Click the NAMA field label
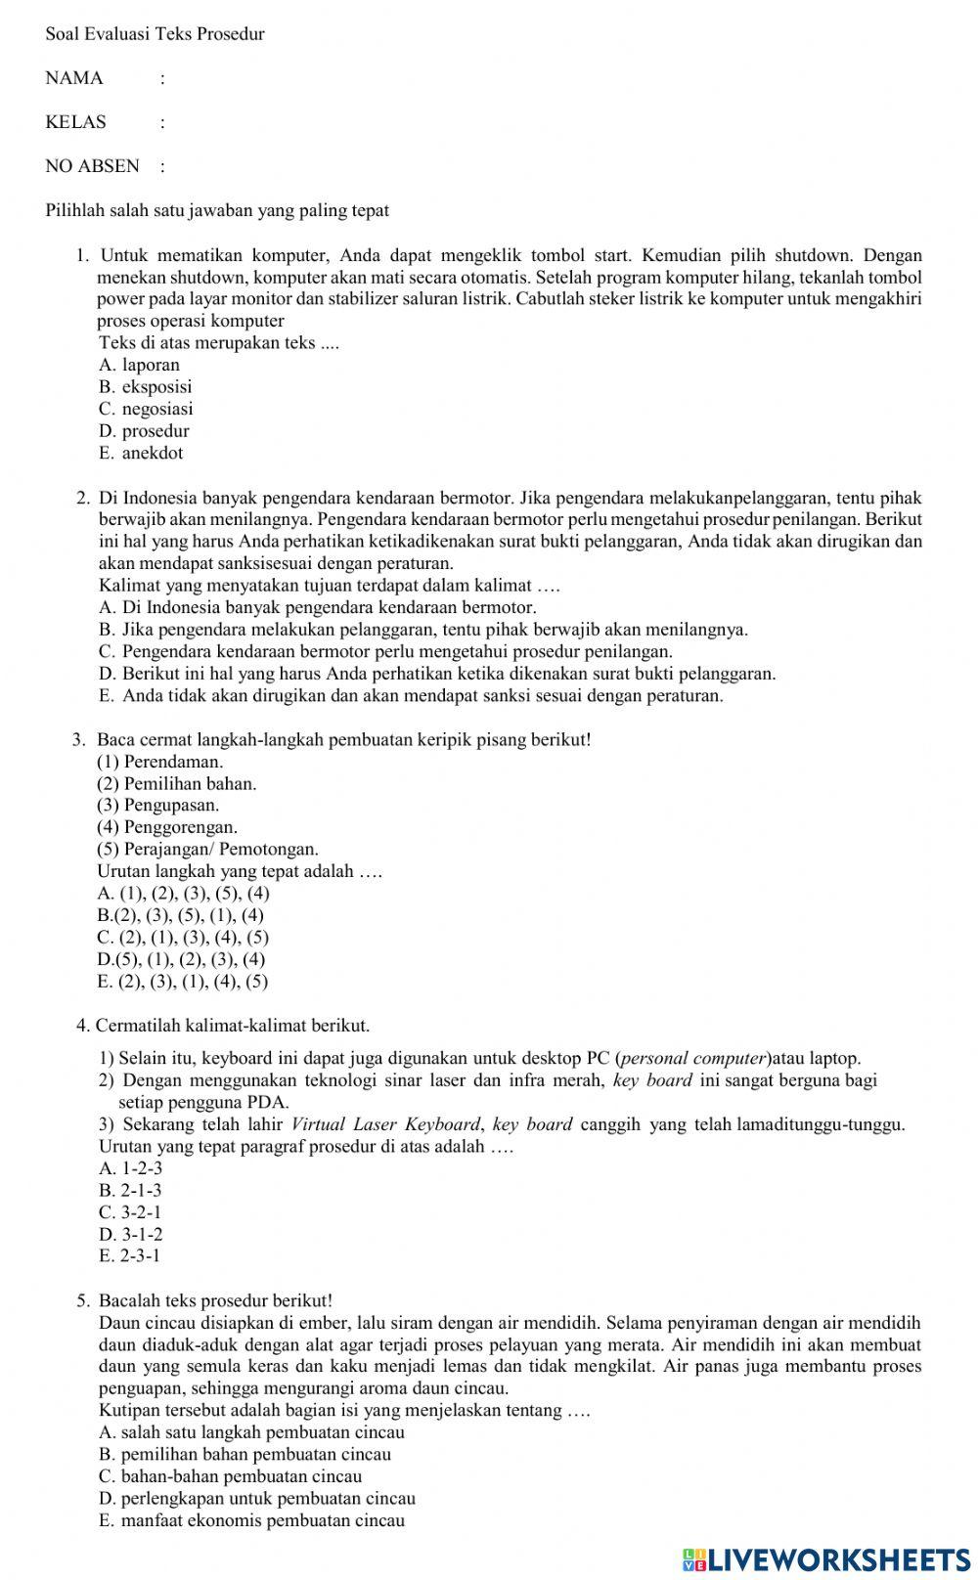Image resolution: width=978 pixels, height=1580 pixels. coord(74,78)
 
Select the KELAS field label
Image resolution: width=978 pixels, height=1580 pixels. coord(75,122)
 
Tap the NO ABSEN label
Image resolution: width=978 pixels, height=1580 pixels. coord(92,166)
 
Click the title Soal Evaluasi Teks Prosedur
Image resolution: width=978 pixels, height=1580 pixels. coord(155,34)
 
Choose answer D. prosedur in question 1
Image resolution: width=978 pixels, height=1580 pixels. coord(144,431)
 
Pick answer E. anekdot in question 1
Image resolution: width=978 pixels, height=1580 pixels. coord(141,453)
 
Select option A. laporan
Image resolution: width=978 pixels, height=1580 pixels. coord(139,365)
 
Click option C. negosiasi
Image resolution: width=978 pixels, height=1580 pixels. coord(146,409)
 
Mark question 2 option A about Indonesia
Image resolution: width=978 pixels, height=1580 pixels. coord(317,607)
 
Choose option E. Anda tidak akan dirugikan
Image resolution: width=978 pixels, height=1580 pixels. coord(411,695)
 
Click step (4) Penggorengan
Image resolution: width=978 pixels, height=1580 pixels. coord(166,827)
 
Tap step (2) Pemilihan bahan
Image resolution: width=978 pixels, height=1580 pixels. coord(176,783)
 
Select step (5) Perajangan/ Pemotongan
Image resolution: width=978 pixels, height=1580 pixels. coord(207,849)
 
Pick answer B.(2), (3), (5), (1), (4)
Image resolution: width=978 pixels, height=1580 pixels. coord(180,915)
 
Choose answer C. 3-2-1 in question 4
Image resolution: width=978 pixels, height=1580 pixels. coord(130,1212)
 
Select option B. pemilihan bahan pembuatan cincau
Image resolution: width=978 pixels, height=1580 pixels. coord(244,1454)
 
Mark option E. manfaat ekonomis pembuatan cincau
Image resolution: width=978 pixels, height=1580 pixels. coord(251,1520)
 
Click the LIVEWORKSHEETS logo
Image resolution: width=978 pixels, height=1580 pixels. coord(826,1558)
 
